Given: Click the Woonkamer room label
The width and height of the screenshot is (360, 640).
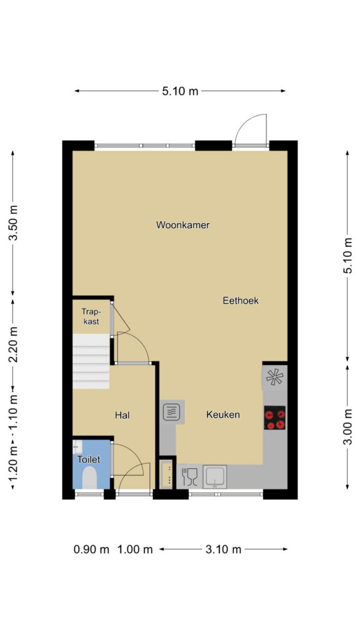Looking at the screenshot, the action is pos(183,225).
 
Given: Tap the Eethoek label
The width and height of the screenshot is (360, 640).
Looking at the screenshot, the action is pos(241,301).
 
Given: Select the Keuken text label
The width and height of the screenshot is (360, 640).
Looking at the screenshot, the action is pos(223,415).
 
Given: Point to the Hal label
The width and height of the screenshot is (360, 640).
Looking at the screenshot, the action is pos(122,416).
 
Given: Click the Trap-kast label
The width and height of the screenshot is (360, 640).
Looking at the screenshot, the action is pos(91,316).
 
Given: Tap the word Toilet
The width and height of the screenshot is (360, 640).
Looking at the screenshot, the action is pos(89,459).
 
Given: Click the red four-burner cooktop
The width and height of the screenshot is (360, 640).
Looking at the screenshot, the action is pos(275,418).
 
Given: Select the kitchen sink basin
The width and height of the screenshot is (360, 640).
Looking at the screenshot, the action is pos(215,477).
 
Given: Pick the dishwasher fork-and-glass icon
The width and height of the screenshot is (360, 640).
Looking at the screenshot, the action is pos(189,477).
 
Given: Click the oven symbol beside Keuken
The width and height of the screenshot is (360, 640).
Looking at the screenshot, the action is pos(171,412).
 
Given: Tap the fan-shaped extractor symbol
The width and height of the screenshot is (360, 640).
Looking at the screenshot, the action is pos(274,377).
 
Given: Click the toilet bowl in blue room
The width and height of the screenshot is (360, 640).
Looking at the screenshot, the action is pos(89,477).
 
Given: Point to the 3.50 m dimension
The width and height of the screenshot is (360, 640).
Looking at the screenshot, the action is pos(14,223).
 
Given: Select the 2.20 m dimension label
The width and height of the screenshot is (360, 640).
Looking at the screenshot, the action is pos(14,345).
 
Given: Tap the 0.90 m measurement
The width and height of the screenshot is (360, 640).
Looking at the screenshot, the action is pos(91,549).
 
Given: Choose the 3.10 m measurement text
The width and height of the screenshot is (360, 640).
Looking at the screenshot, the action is pos(223,549).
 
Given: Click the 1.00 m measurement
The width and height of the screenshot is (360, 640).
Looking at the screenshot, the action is pos(135,549).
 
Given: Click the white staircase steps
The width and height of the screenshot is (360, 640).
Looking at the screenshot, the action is pos(91,361).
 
